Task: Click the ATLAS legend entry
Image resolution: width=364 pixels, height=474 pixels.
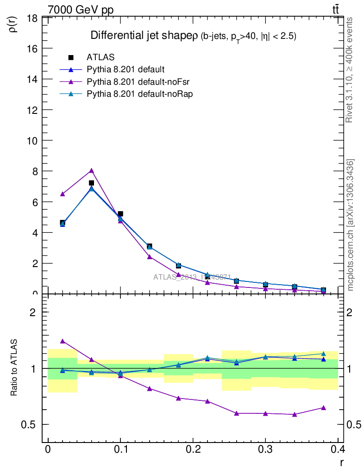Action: coord(100,57)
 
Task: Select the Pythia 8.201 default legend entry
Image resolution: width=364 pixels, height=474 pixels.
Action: coord(125,69)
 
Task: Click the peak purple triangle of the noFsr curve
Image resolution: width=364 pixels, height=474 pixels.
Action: coord(92,170)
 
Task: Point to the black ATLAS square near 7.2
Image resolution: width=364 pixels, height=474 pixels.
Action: coord(92,183)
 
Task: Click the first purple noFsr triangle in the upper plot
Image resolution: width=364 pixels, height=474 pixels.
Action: coord(63,193)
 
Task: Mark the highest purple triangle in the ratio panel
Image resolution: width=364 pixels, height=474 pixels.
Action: coord(63,341)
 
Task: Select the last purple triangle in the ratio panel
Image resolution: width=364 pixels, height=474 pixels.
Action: coord(323,408)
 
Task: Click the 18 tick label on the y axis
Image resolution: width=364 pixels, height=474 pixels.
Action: coord(32,19)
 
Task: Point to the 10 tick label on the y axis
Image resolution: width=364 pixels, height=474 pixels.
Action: coord(32,141)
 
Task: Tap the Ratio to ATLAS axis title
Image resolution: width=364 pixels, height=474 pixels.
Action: coord(14,368)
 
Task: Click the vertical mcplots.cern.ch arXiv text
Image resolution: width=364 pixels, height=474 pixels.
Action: coord(351,225)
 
